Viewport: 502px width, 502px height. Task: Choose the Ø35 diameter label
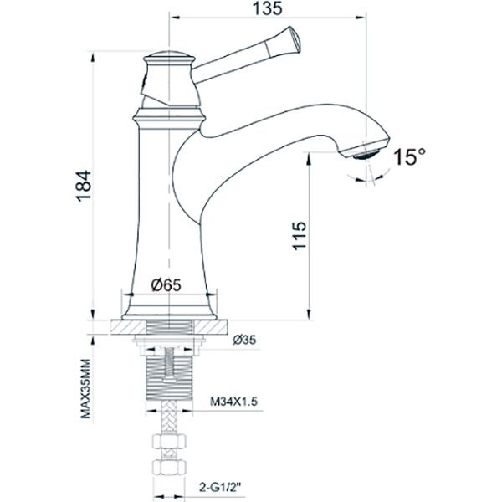245,340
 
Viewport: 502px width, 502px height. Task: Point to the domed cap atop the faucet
170,59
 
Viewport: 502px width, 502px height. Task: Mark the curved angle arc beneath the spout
368,175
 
